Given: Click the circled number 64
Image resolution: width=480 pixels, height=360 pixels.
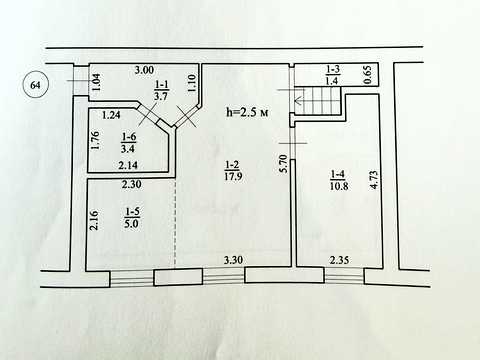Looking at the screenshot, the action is tap(35, 85).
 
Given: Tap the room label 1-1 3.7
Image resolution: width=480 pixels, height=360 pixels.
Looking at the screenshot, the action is tap(161, 90).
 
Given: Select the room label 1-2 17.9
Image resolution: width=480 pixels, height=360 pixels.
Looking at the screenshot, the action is tap(233, 170).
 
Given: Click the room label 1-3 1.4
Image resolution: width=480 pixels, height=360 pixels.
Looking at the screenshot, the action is tap(332, 75).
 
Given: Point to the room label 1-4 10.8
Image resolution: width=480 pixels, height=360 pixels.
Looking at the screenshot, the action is tap(339, 180).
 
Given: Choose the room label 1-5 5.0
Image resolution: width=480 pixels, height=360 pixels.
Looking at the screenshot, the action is tap(132, 218).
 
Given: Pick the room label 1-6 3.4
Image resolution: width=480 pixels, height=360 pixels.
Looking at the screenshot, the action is tap(128, 142).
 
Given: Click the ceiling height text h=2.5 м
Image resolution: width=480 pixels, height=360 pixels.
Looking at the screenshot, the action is tap(247, 112).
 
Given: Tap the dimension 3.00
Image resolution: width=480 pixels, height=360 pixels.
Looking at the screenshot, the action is tap(144, 70).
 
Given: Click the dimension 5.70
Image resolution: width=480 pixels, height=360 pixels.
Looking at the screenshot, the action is tap(283, 163).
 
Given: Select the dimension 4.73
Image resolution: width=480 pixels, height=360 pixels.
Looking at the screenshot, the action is tap(374, 180).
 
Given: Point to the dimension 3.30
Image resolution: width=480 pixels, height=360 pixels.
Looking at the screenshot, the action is tap(233, 260).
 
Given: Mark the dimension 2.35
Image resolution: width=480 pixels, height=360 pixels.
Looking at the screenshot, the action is tap(339, 260).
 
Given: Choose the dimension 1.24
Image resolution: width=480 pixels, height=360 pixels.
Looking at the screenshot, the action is tap(111, 115).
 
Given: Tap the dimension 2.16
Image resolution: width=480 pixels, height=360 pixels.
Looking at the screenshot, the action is tap(94, 220).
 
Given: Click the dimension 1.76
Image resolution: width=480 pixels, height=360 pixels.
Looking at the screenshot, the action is tap(94, 141).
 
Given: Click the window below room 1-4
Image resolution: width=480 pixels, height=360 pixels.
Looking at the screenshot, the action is tap(344, 276).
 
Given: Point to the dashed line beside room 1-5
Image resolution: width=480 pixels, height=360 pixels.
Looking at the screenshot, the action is tap(175, 223).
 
